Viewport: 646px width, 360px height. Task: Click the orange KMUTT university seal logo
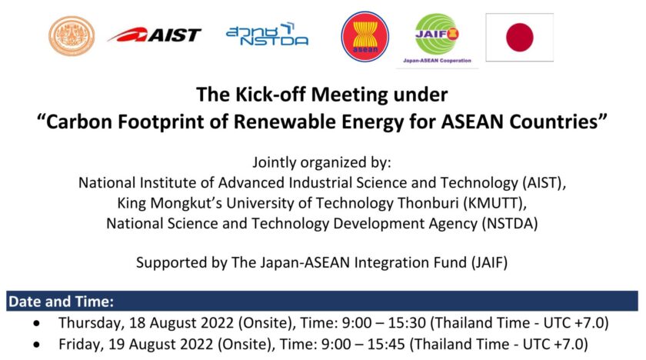pyautogui.click(x=72, y=36)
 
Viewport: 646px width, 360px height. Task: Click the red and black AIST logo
pyautogui.click(x=155, y=35)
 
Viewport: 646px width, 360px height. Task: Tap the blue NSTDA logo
pyautogui.click(x=267, y=34)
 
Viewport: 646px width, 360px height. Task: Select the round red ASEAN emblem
pyautogui.click(x=365, y=37)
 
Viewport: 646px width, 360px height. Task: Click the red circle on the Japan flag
pyautogui.click(x=520, y=37)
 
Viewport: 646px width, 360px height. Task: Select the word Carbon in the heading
pyautogui.click(x=78, y=122)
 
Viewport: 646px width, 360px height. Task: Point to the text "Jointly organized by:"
pyautogui.click(x=321, y=162)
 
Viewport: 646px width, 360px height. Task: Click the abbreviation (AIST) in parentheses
pyautogui.click(x=544, y=182)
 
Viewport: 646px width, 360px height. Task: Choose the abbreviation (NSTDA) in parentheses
pyautogui.click(x=510, y=223)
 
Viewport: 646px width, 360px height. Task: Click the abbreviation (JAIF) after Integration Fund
pyautogui.click(x=489, y=262)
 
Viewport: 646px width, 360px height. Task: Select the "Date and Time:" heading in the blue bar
pyautogui.click(x=61, y=302)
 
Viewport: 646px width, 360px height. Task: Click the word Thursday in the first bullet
pyautogui.click(x=91, y=323)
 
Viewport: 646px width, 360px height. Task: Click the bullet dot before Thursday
pyautogui.click(x=38, y=323)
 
